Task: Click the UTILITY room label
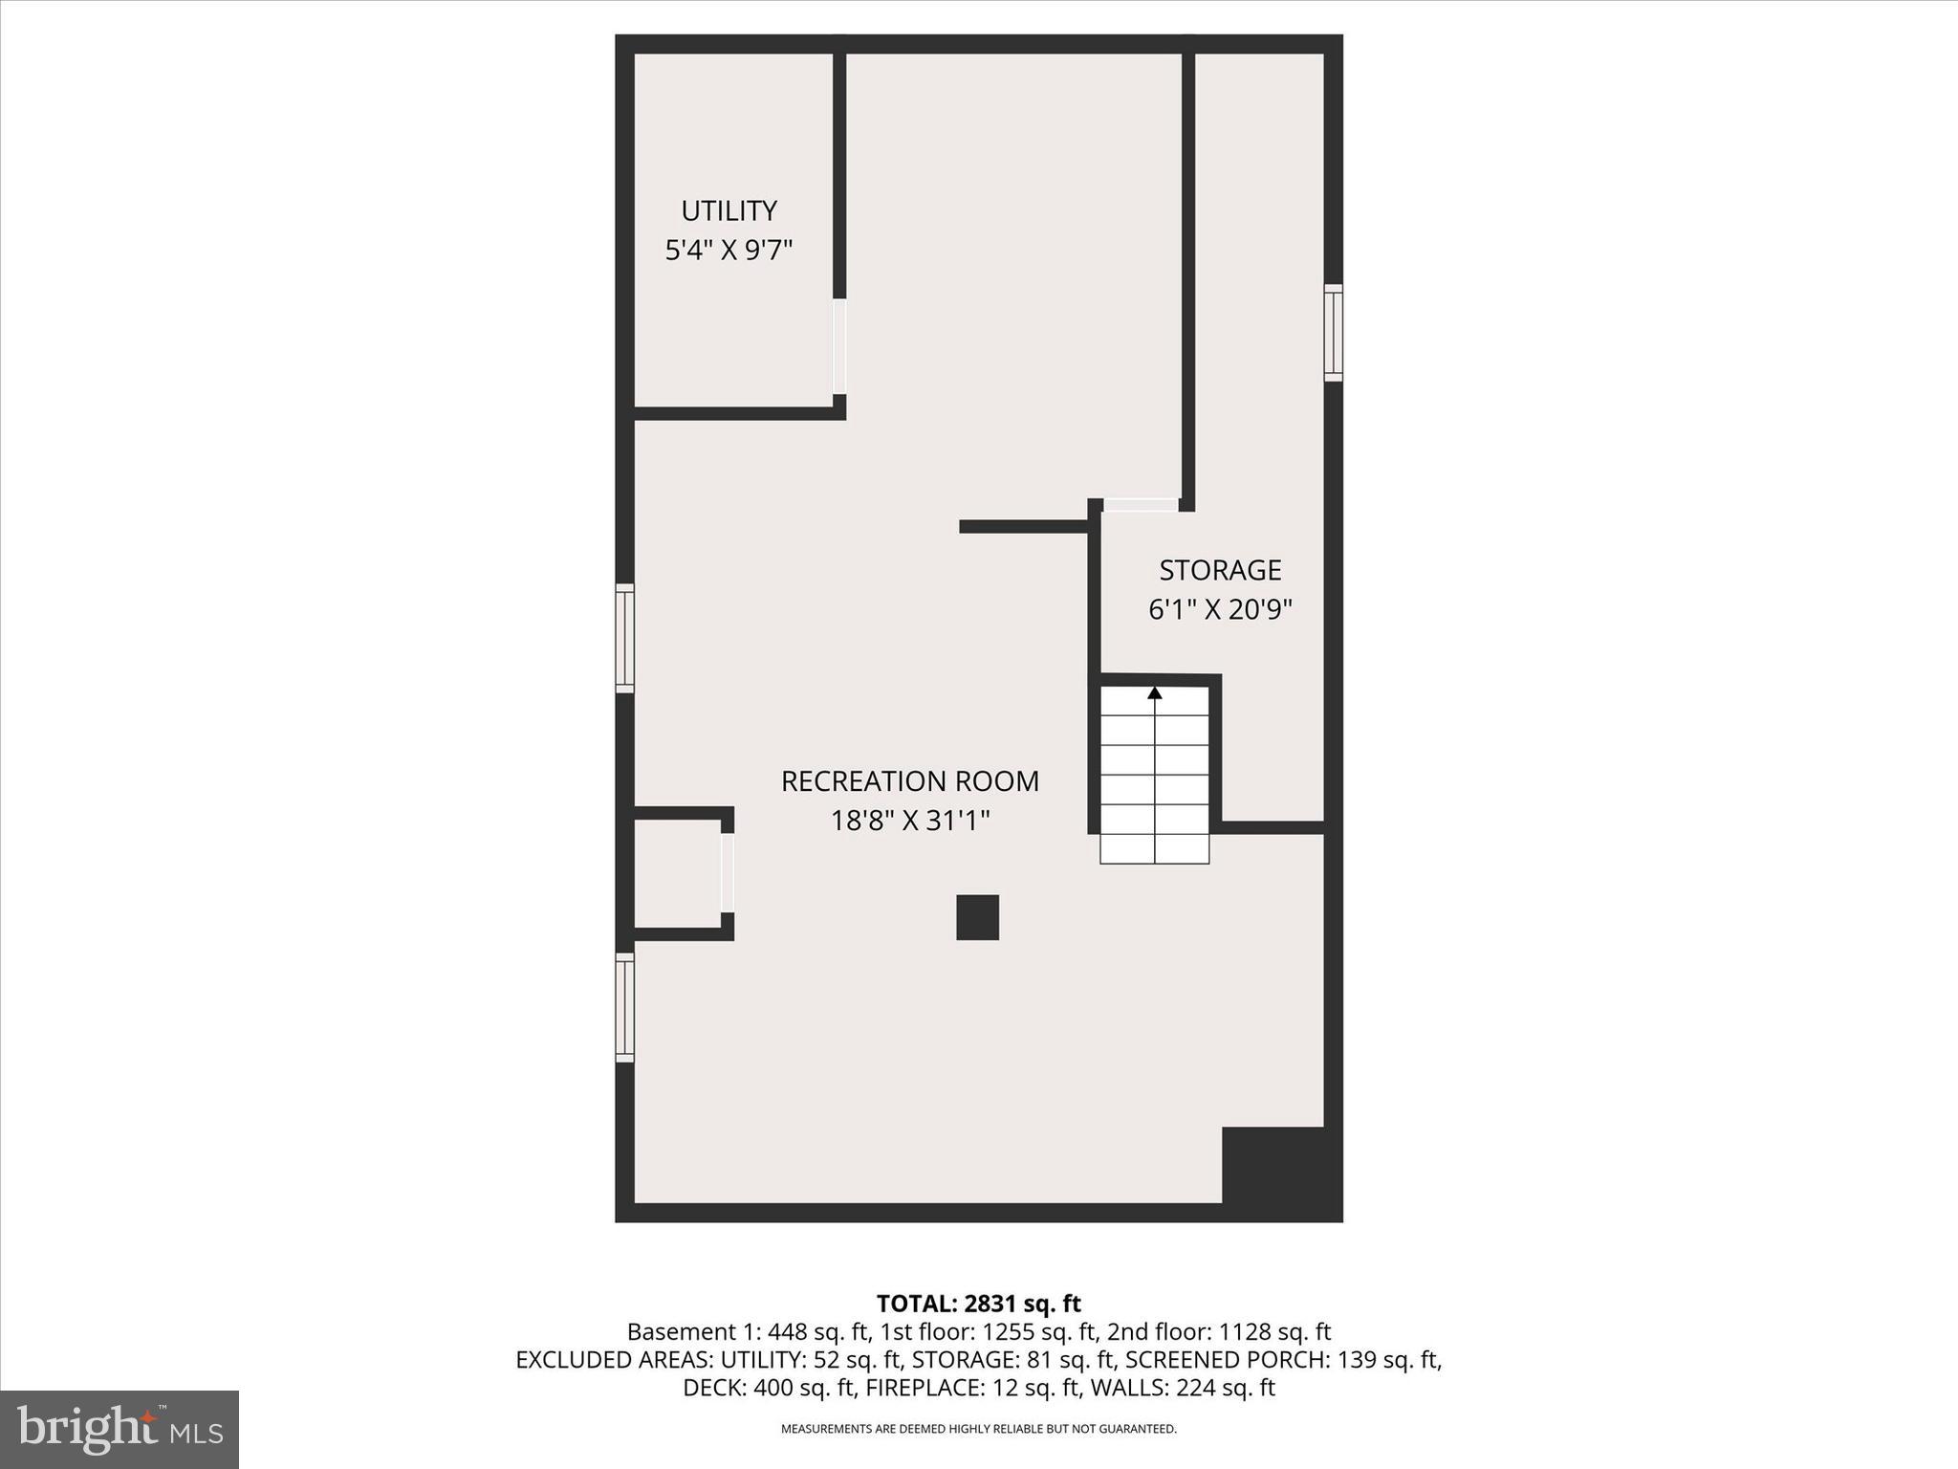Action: pos(729,210)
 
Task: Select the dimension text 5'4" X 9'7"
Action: pos(729,251)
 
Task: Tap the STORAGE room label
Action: pos(1220,570)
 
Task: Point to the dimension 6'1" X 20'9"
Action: pos(1220,610)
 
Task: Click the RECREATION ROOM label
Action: pos(909,781)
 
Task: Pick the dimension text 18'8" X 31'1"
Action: pos(909,822)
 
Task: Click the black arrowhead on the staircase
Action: pos(1155,692)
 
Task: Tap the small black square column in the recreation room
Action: pos(977,917)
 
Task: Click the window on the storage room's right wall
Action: pos(1333,333)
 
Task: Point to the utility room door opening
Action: pos(839,346)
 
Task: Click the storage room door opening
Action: pos(1142,504)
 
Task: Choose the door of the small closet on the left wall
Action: pos(727,872)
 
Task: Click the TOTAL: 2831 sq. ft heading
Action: pos(978,1304)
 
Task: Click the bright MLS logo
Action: pos(120,1429)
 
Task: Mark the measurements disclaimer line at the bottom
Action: pos(978,1429)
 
